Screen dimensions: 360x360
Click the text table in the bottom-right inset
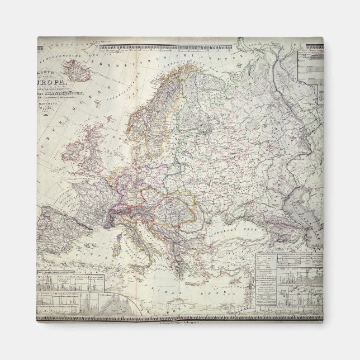pyautogui.click(x=296, y=263)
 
